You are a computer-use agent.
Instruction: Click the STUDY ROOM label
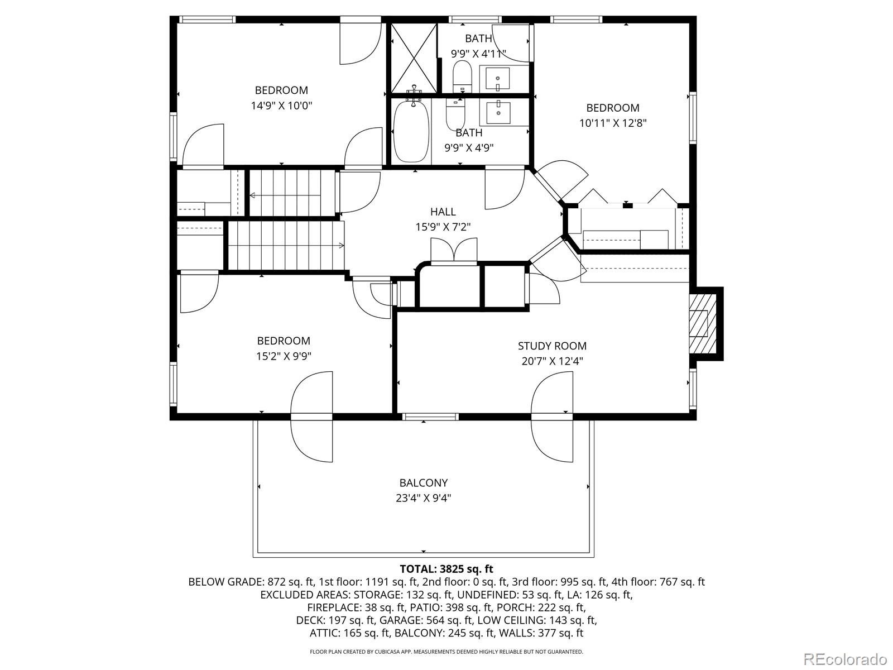point(552,346)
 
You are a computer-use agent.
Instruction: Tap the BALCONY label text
point(423,482)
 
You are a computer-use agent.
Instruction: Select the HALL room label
point(443,212)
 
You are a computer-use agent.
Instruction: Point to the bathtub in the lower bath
point(411,132)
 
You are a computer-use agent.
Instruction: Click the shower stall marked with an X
point(413,59)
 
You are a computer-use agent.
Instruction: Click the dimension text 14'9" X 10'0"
point(281,106)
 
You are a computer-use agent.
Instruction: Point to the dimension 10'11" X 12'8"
point(612,123)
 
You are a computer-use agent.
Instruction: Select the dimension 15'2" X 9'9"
point(284,356)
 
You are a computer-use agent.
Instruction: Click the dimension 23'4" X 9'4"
point(423,498)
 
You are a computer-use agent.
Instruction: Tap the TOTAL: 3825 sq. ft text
point(446,569)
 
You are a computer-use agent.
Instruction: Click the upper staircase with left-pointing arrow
point(290,193)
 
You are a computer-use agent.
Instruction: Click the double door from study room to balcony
point(553,417)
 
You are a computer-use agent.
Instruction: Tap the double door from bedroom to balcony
point(311,417)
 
